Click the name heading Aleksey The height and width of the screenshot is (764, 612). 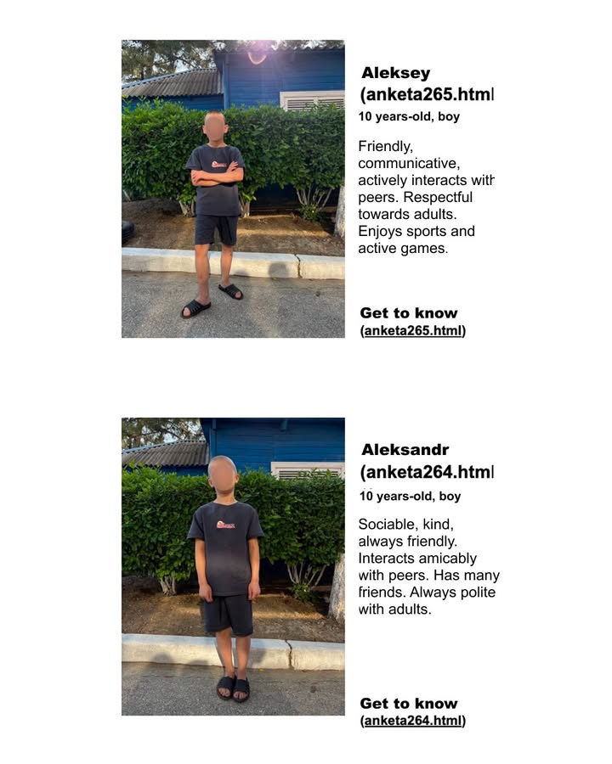click(x=395, y=74)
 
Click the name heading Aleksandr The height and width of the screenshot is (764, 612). click(x=405, y=450)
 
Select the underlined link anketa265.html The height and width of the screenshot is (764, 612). click(x=413, y=331)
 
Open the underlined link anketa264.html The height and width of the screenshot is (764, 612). click(x=413, y=721)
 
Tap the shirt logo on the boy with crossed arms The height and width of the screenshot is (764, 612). click(x=218, y=163)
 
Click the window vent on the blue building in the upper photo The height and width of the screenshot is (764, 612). click(x=312, y=101)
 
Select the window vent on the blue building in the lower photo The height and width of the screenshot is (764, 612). click(x=306, y=470)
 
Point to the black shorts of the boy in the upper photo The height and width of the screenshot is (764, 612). click(x=216, y=229)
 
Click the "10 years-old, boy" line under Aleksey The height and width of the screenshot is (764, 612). click(x=409, y=117)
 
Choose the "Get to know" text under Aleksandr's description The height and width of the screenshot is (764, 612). click(x=408, y=704)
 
